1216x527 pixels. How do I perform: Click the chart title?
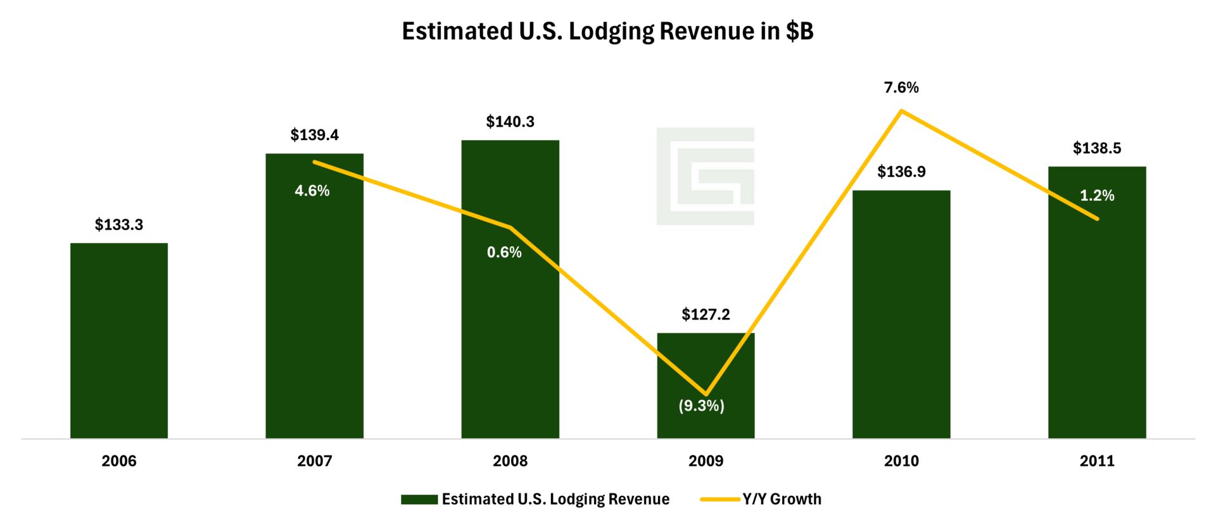[607, 31]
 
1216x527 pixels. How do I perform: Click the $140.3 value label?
[510, 122]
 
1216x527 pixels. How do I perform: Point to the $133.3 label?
[119, 225]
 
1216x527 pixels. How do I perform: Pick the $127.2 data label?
[706, 315]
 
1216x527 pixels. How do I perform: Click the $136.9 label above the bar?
[901, 172]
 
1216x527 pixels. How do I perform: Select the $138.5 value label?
[1097, 148]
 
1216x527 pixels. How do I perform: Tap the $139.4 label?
[314, 135]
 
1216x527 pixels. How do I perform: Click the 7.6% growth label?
[901, 87]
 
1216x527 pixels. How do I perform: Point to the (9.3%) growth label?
[701, 405]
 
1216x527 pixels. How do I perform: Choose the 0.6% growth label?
[504, 253]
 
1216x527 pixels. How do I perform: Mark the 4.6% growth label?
[312, 191]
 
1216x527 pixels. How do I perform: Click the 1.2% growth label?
[1097, 196]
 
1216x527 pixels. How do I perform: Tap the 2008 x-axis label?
[510, 461]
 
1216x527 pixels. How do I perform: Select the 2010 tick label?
[901, 461]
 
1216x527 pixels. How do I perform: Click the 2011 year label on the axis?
[1097, 461]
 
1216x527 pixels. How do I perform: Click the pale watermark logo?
[705, 176]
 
